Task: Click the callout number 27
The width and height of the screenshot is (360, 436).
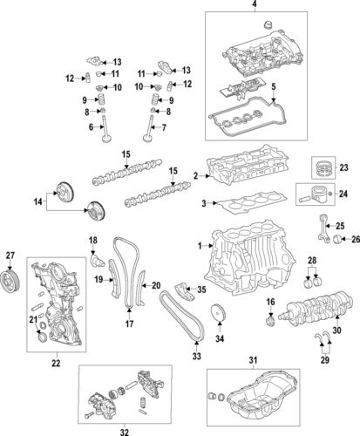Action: (10, 255)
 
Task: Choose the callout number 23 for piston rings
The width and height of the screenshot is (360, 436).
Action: (343, 167)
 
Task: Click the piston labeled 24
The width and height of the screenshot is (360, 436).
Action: (313, 194)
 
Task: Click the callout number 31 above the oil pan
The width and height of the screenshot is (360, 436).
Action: (255, 361)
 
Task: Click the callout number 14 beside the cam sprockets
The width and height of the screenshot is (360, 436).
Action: (36, 201)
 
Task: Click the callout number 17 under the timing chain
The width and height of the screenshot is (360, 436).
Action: (127, 325)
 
